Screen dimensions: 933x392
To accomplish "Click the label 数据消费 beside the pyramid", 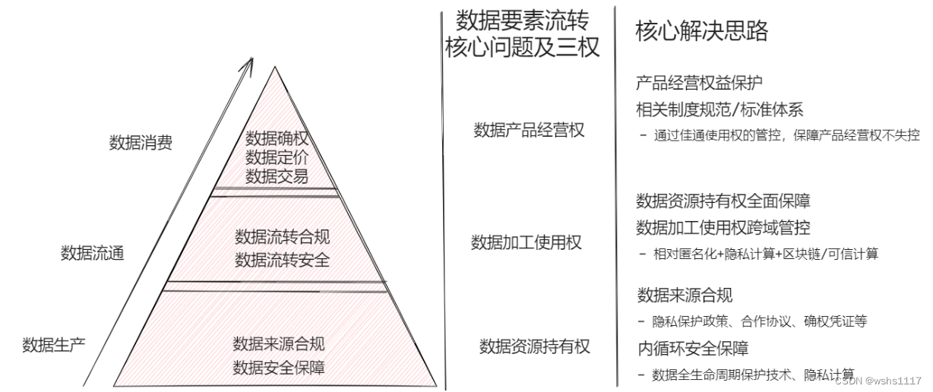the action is (141, 143).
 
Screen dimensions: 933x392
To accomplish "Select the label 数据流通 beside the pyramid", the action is (92, 253).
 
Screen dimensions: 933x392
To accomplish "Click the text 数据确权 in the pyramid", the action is (277, 139).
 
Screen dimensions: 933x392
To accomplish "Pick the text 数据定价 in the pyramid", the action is (277, 158).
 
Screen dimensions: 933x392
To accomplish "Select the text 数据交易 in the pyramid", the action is (277, 177).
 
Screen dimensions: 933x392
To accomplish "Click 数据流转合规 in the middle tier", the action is (283, 237).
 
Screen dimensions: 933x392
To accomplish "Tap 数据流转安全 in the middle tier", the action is (283, 261).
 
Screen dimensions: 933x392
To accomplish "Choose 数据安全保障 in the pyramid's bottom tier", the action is (279, 368).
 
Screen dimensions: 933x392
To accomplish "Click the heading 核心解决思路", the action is (701, 31).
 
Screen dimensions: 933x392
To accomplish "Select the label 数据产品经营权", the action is (529, 130).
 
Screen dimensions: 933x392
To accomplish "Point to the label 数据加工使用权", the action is (527, 242).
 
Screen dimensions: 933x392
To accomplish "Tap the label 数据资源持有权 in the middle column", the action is (534, 347).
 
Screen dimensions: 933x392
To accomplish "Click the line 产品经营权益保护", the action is (699, 84).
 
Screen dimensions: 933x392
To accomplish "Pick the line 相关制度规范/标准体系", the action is (720, 109).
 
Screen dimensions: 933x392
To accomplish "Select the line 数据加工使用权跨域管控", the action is (723, 227).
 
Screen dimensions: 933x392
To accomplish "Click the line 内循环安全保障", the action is (693, 349).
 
